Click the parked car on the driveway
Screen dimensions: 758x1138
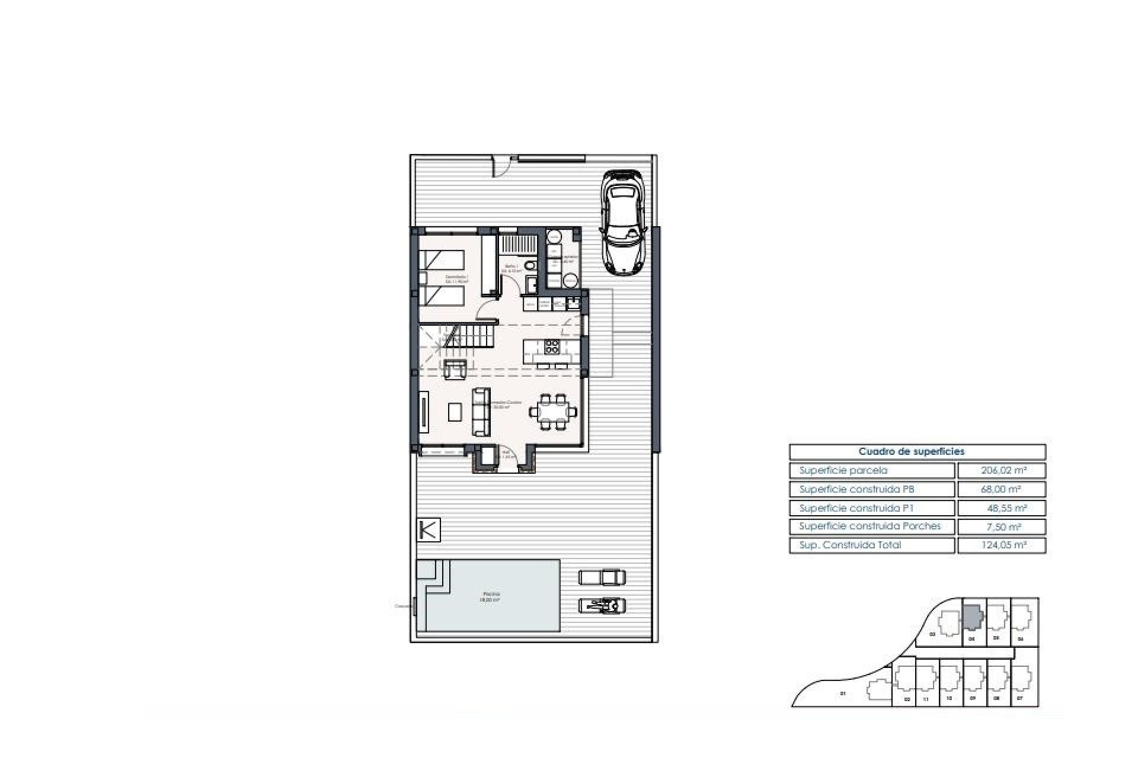pos(622,222)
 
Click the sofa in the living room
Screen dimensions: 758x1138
pos(481,412)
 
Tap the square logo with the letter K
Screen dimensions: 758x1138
pos(429,529)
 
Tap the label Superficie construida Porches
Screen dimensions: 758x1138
pos(870,526)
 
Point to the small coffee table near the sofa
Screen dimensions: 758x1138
pos(455,412)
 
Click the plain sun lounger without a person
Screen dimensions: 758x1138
pos(602,576)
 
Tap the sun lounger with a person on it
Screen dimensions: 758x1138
pos(602,605)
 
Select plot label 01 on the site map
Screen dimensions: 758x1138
pos(842,693)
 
